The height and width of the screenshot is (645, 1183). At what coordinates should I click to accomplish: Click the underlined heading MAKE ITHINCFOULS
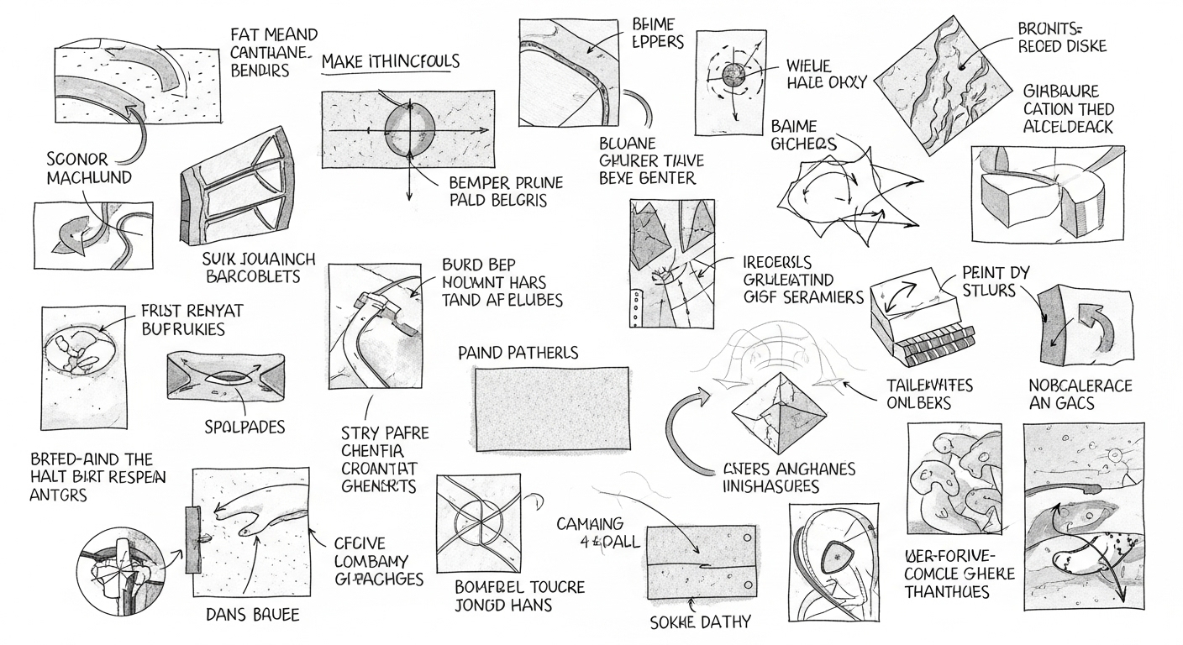coord(391,62)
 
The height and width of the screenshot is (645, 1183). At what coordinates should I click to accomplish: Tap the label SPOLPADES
coord(244,427)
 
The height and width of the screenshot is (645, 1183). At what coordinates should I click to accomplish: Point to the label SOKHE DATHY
coord(701,622)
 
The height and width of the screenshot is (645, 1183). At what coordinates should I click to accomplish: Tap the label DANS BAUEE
coord(252,615)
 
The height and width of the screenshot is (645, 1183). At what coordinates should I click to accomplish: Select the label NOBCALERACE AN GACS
coord(1080,395)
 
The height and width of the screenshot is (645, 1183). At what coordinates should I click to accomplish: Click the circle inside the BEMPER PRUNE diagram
coord(409,131)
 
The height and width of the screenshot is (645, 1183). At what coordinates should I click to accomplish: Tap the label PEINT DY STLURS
coord(996,282)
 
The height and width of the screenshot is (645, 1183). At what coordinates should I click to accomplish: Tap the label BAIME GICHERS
coord(803,135)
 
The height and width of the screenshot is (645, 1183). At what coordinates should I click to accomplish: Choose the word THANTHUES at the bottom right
coord(947,592)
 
